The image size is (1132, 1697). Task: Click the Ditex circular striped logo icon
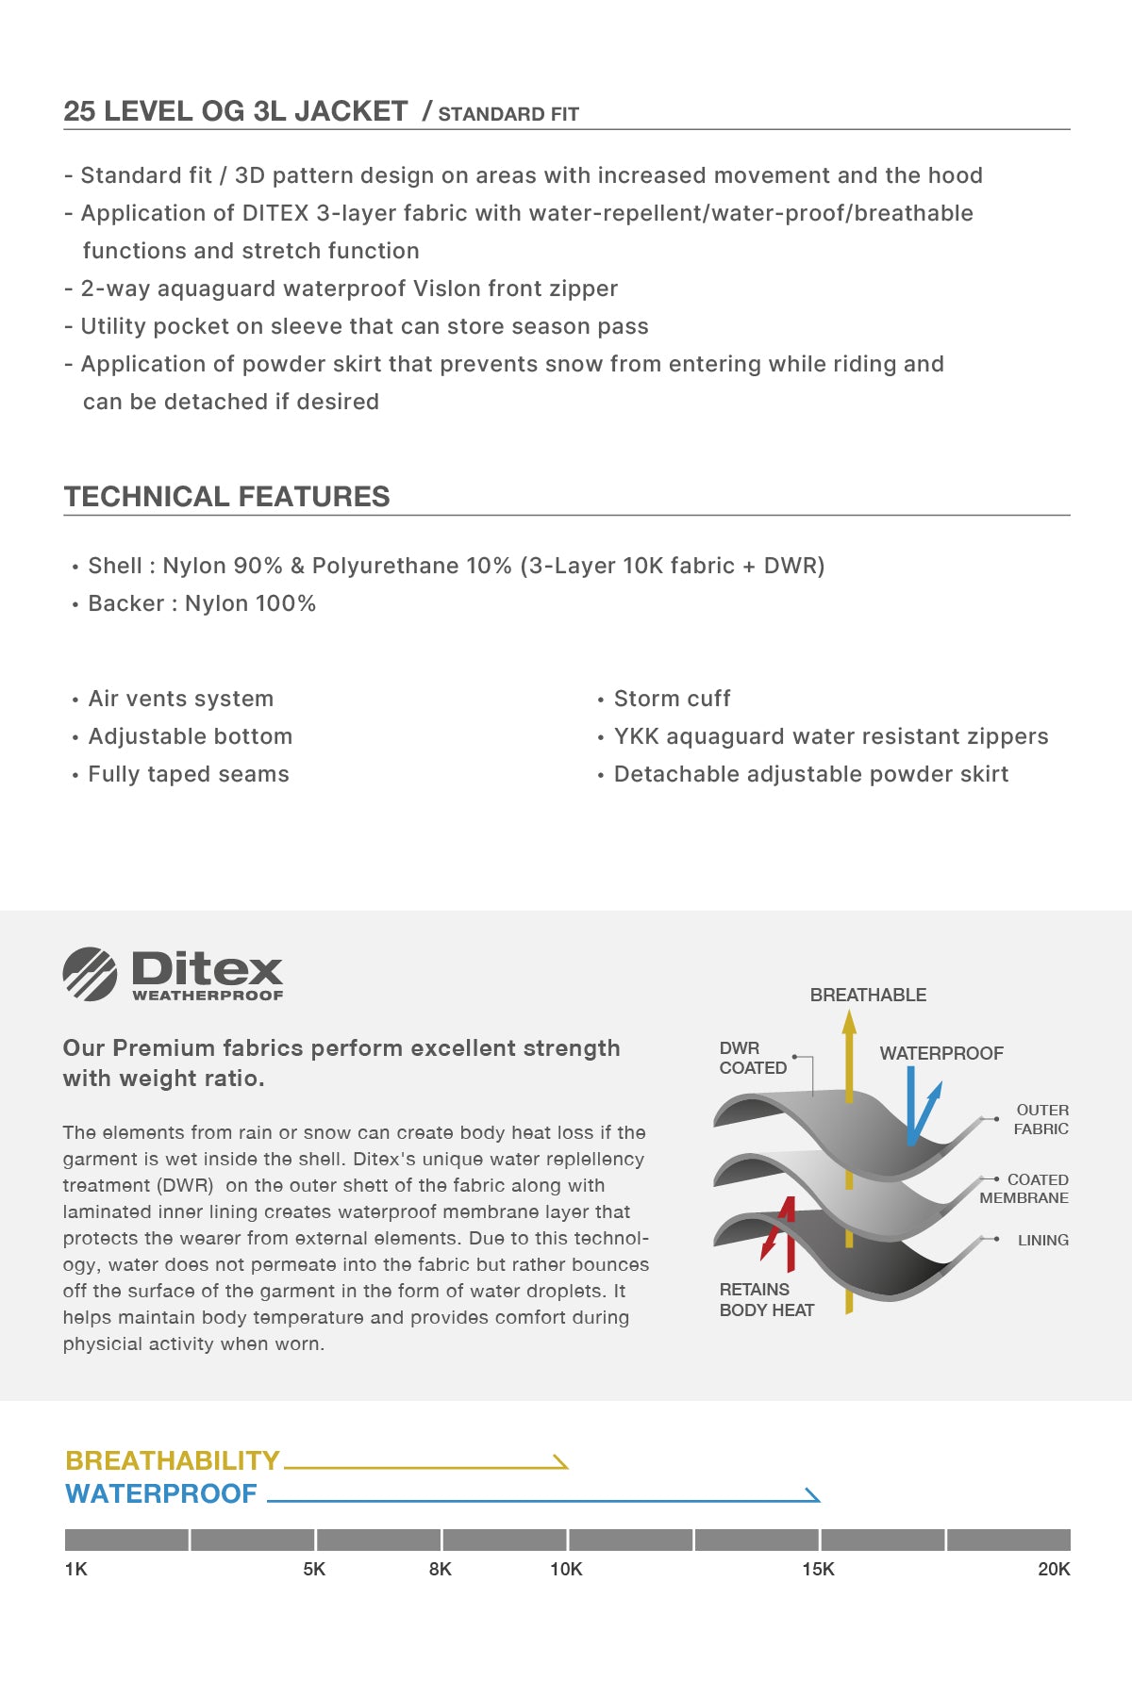pyautogui.click(x=90, y=974)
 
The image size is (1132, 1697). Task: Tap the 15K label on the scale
pyautogui.click(x=818, y=1569)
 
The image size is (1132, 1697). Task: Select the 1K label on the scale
pyautogui.click(x=75, y=1569)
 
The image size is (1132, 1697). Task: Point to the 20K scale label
pyautogui.click(x=1054, y=1569)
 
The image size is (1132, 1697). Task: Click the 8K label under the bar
pyautogui.click(x=440, y=1569)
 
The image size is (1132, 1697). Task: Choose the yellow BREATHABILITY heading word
pyautogui.click(x=173, y=1460)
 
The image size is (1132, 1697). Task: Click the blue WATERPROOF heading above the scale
pyautogui.click(x=161, y=1493)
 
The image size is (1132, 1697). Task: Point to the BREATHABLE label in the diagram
pyautogui.click(x=868, y=995)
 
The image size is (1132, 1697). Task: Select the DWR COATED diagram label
pyautogui.click(x=753, y=1058)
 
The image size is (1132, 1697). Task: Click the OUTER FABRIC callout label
pyautogui.click(x=1041, y=1119)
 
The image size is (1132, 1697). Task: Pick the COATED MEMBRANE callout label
pyautogui.click(x=1024, y=1189)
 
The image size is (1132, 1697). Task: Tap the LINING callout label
pyautogui.click(x=1042, y=1240)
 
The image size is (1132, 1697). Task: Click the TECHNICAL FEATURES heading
pyautogui.click(x=226, y=496)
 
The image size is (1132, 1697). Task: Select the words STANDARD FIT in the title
pyautogui.click(x=508, y=114)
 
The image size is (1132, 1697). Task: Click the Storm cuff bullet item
pyautogui.click(x=672, y=699)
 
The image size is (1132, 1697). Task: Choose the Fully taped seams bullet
pyautogui.click(x=189, y=774)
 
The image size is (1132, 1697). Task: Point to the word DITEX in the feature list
pyautogui.click(x=275, y=213)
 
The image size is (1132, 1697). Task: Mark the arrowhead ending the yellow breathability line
pyautogui.click(x=561, y=1462)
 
